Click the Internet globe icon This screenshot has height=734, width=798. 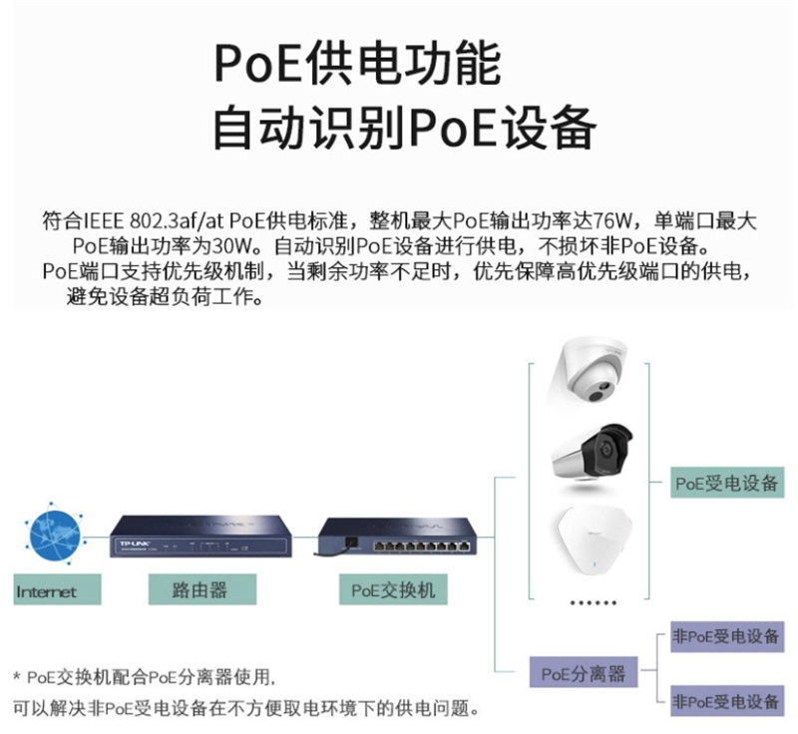(x=54, y=536)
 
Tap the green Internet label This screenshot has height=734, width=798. (x=46, y=591)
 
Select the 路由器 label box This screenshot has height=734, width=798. (x=199, y=589)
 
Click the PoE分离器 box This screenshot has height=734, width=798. (x=584, y=673)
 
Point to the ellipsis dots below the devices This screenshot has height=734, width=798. (x=593, y=603)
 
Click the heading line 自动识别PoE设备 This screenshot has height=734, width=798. (x=405, y=127)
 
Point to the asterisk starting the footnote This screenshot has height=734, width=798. (x=16, y=678)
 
